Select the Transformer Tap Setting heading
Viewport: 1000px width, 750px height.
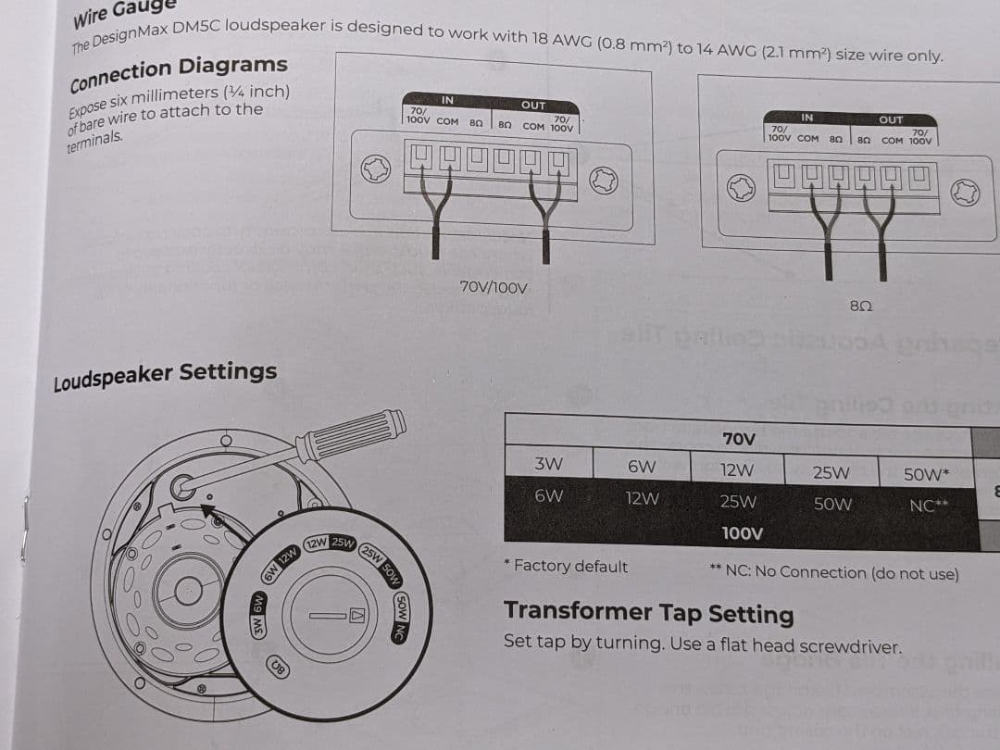648,613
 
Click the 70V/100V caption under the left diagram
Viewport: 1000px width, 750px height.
494,288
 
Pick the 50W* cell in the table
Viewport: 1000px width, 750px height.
926,474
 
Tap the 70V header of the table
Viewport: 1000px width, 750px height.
738,438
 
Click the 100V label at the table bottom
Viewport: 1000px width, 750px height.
742,533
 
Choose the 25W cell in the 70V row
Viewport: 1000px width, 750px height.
831,472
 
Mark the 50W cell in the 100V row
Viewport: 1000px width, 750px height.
832,505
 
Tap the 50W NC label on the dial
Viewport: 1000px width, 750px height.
401,618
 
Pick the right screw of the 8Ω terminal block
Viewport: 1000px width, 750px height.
964,193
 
